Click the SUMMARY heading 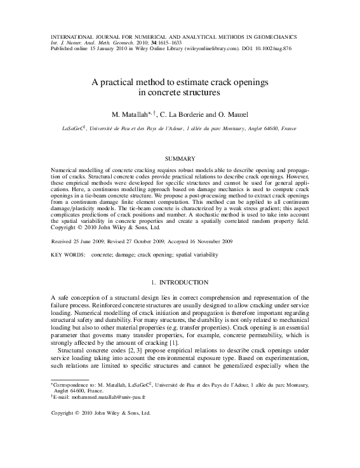[180, 157]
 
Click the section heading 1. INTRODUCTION [180, 281]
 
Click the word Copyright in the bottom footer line [63, 413]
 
